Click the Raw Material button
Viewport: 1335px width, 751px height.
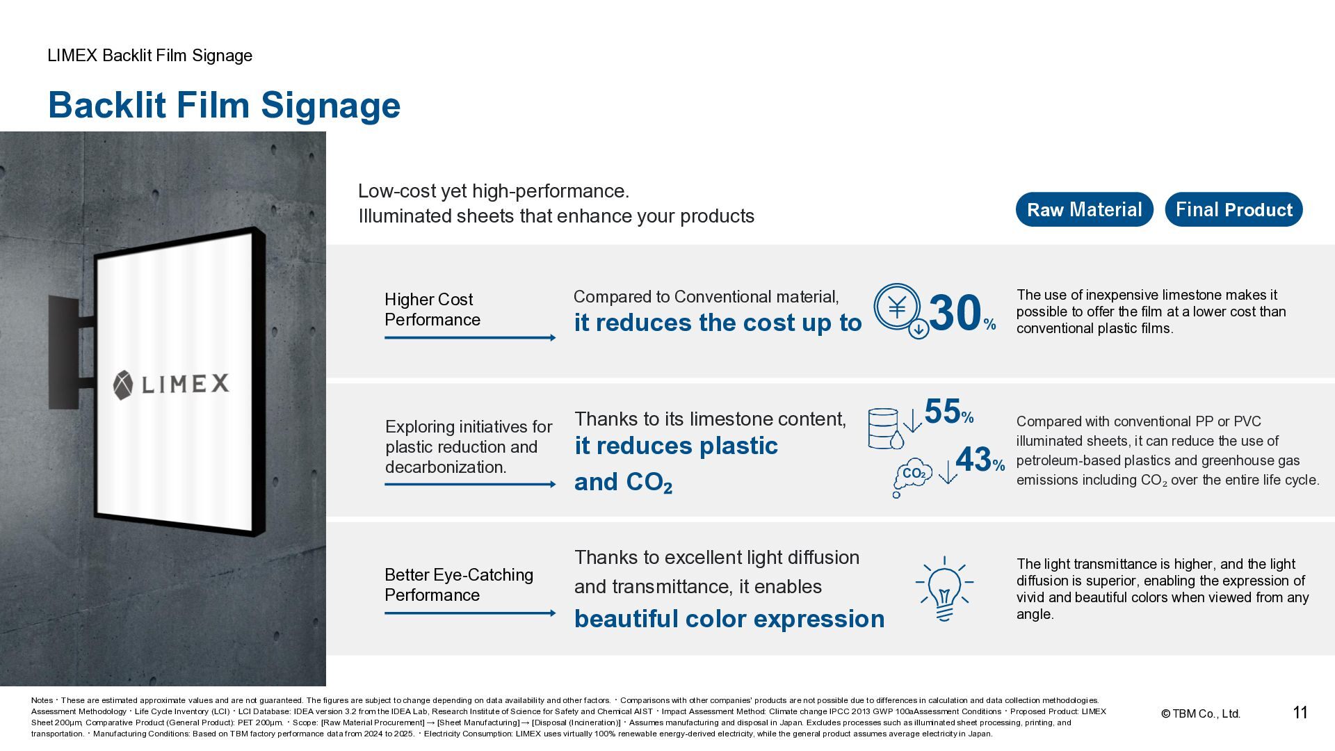(x=1084, y=209)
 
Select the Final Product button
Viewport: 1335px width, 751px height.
(x=1233, y=209)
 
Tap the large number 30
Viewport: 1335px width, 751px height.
(x=955, y=313)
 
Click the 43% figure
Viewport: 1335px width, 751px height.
(x=979, y=460)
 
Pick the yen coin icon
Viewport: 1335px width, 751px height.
(x=898, y=307)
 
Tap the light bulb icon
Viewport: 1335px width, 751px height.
(x=944, y=588)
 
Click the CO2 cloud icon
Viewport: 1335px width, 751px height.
(x=912, y=476)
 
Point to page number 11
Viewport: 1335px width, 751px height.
(x=1300, y=713)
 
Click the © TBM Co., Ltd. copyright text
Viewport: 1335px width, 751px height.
(x=1201, y=713)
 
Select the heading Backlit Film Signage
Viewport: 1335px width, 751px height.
(x=224, y=105)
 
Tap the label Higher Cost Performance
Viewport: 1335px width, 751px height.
(x=432, y=309)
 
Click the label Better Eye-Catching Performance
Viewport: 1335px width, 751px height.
(x=458, y=585)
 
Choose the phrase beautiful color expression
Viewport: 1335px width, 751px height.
(x=729, y=618)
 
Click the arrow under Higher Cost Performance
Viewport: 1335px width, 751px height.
(x=470, y=338)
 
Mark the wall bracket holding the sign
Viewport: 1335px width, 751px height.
(x=67, y=351)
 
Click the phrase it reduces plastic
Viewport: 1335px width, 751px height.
(x=676, y=446)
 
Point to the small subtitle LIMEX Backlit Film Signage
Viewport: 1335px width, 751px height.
(x=149, y=56)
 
